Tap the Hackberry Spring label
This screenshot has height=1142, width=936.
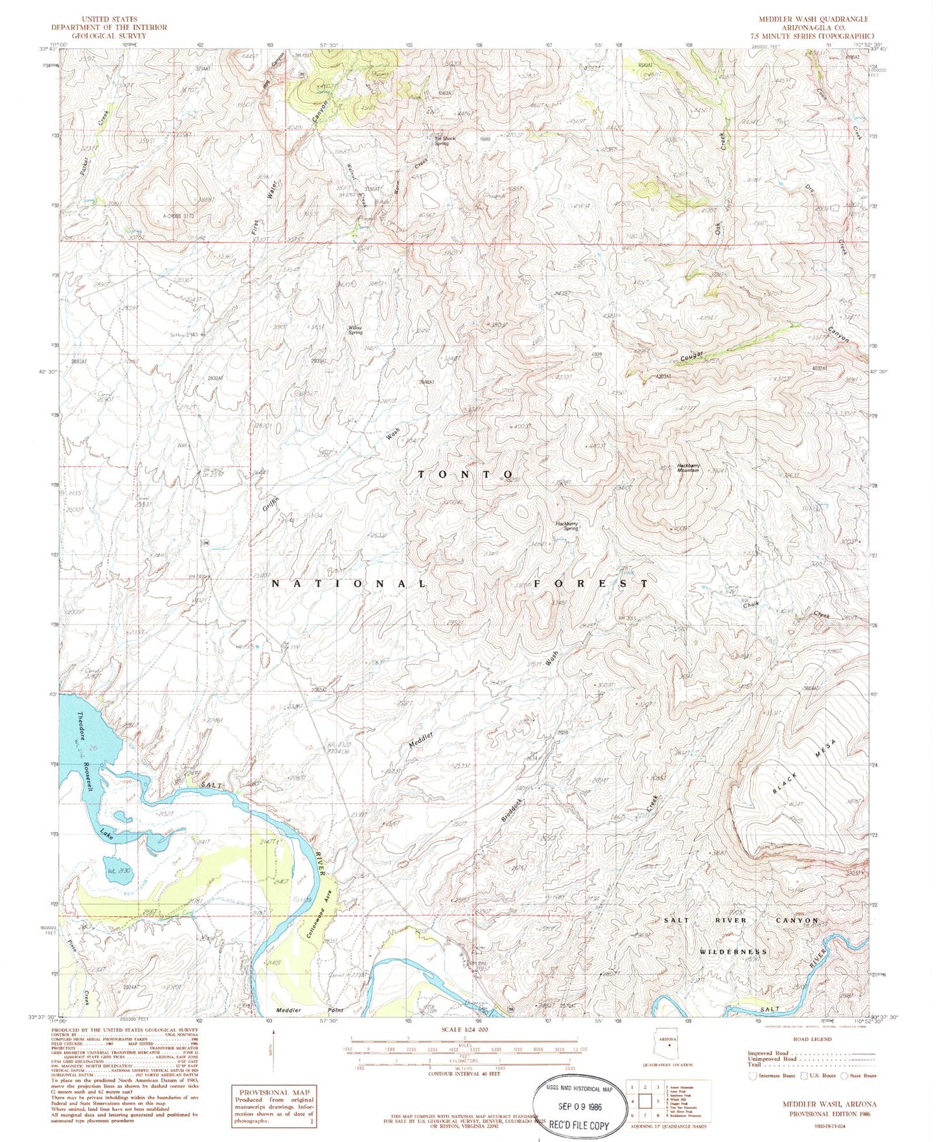tap(566, 526)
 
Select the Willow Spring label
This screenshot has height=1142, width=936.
tap(354, 330)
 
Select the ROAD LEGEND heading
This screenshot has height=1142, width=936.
tap(812, 1039)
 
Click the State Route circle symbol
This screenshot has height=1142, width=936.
tap(845, 1076)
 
